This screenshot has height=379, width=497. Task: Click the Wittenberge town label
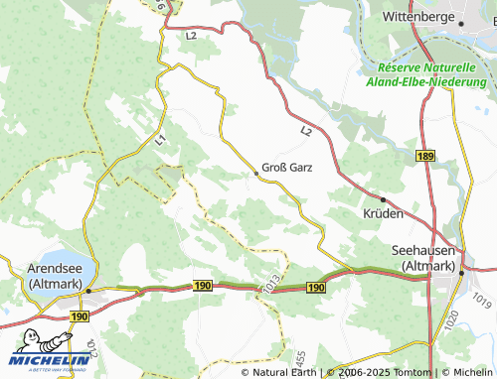420,18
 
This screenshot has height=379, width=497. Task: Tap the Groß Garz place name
287,168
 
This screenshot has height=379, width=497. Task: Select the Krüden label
384,215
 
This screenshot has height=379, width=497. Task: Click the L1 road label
161,143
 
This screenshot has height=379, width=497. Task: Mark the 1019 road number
482,297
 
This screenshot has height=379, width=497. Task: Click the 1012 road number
92,347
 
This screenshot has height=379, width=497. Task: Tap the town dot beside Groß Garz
255,174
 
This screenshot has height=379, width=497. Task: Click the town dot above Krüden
384,200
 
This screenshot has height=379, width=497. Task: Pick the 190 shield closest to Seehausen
316,287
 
